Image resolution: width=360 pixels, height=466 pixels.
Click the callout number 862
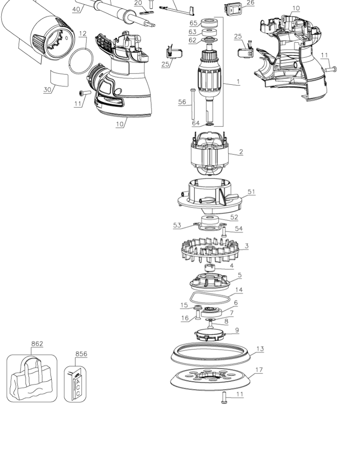point(37,343)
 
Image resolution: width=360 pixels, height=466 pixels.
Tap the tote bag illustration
point(32,379)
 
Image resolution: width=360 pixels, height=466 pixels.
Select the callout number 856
point(81,354)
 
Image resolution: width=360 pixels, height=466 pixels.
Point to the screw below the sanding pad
point(224,397)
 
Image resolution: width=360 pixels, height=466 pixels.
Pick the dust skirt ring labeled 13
point(211,354)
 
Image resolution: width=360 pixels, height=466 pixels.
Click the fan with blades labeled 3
point(210,250)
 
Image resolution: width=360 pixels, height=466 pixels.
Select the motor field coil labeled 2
point(210,153)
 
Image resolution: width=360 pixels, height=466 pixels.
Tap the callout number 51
point(251,192)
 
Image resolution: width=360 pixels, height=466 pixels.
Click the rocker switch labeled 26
point(233,9)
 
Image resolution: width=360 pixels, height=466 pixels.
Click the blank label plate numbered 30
point(60,78)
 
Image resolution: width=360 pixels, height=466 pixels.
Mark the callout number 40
point(76,9)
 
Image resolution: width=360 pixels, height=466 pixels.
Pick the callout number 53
point(177,225)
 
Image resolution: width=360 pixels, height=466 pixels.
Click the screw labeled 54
point(224,232)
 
